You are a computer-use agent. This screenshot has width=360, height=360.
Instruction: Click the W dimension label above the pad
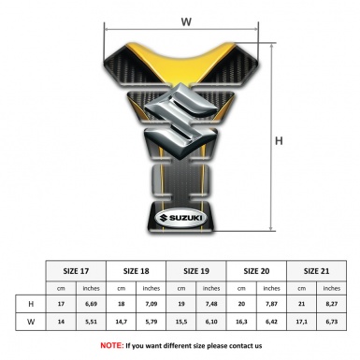tap(186, 22)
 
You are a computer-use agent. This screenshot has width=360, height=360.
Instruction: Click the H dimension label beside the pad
tap(279, 141)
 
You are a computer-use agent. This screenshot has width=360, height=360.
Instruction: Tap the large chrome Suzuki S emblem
tap(180, 121)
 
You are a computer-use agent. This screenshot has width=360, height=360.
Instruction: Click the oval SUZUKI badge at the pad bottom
tap(180, 218)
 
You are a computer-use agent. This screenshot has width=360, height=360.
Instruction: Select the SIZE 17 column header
tap(76, 271)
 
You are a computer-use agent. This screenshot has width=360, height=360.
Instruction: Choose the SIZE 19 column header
tap(196, 271)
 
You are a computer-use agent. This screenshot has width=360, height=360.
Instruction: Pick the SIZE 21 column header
tap(316, 271)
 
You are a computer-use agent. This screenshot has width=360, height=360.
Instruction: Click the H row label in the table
tap(31, 304)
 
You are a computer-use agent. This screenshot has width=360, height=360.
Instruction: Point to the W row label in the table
tap(31, 322)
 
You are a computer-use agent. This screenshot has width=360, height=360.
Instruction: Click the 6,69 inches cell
tap(91, 304)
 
